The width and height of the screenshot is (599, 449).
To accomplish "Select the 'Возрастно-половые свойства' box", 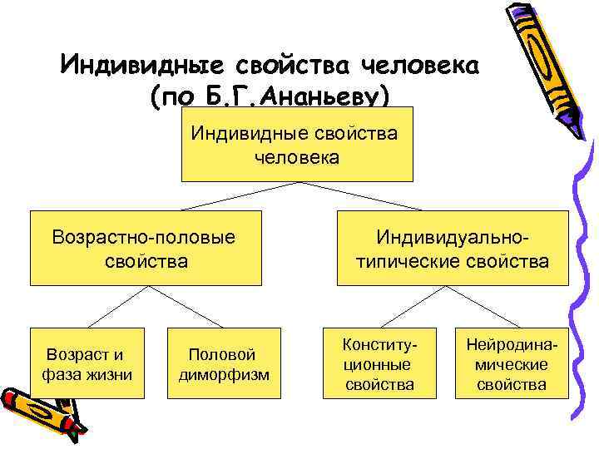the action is coord(146,248).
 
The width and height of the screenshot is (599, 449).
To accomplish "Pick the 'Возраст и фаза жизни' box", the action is coord(87,363).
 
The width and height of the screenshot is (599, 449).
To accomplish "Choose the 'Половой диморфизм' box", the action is coord(225,363).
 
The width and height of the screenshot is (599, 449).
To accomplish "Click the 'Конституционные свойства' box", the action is coord(379,363).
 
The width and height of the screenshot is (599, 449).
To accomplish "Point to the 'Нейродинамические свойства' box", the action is coord(512,363).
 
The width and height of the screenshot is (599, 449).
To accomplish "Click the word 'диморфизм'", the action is coord(225,374).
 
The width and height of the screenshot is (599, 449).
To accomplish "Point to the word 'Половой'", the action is coord(222,354).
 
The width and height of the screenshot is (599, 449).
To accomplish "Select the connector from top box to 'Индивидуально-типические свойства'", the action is coord(374,196).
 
